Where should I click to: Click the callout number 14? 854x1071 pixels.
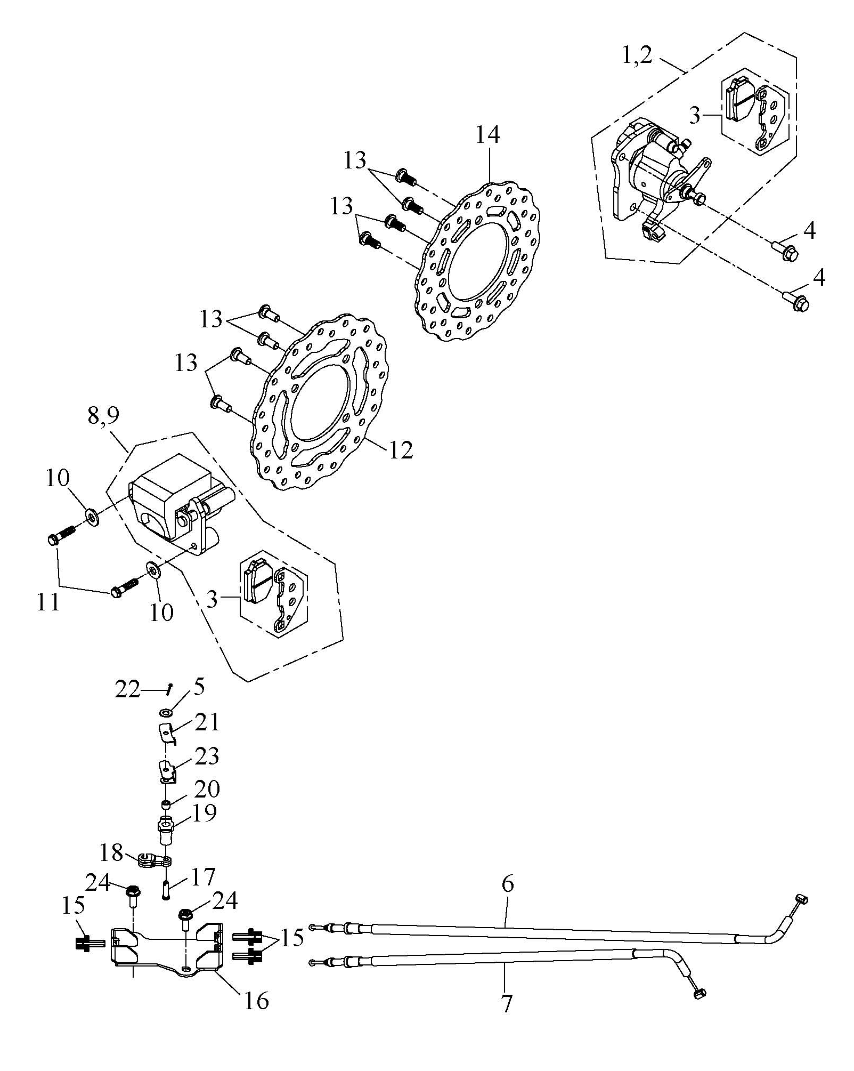click(x=487, y=135)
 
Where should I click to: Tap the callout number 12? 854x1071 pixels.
click(x=401, y=450)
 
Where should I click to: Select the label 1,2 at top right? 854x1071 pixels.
click(x=637, y=55)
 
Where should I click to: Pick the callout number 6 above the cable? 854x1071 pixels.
click(x=508, y=883)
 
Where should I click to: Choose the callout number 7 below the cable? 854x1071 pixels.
click(x=507, y=1003)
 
